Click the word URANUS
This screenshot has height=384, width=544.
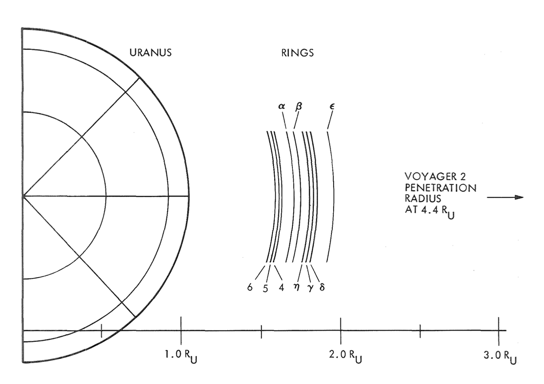pyautogui.click(x=151, y=53)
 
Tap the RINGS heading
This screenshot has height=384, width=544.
pyautogui.click(x=297, y=53)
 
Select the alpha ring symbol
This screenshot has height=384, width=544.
pyautogui.click(x=282, y=106)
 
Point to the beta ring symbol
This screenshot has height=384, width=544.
pyautogui.click(x=299, y=107)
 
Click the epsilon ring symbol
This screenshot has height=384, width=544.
pyautogui.click(x=332, y=106)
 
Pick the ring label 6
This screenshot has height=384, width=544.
pyautogui.click(x=250, y=288)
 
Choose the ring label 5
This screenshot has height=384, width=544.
pyautogui.click(x=266, y=288)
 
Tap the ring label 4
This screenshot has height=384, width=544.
pyautogui.click(x=282, y=288)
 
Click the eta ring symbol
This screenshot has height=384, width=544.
pyautogui.click(x=296, y=288)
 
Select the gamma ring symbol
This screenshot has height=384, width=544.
pyautogui.click(x=310, y=288)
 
